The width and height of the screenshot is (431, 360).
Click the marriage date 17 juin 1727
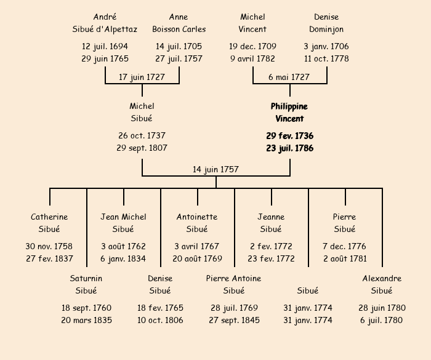coord(142,78)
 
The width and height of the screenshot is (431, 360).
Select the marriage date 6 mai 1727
coord(289,78)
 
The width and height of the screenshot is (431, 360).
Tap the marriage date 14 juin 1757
coord(216,169)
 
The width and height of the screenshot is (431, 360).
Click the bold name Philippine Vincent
coord(289,113)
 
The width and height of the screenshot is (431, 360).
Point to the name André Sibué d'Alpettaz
coord(105,23)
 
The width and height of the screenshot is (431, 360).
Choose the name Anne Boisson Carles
coord(179,23)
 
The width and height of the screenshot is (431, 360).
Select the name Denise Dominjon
coord(326,23)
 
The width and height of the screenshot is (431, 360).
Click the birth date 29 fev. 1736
coord(289,135)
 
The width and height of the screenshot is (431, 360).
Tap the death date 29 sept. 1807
coord(142,148)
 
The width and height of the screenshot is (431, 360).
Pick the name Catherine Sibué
coord(49,223)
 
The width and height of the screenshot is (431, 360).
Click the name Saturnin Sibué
coord(86,285)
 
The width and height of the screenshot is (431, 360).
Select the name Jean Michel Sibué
coord(123,223)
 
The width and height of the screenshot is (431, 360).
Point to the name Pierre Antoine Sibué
coord(234,285)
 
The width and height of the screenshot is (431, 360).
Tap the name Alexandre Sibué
coord(382,285)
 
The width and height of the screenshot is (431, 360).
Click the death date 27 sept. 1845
coord(234,320)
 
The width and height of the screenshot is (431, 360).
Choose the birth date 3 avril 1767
coord(197,246)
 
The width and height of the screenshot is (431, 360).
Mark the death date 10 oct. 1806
coord(160,320)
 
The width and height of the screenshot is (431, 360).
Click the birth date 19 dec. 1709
coord(252,46)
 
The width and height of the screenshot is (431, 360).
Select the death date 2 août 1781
coord(345,258)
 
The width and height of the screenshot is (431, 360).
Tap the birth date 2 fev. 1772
coord(271,246)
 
